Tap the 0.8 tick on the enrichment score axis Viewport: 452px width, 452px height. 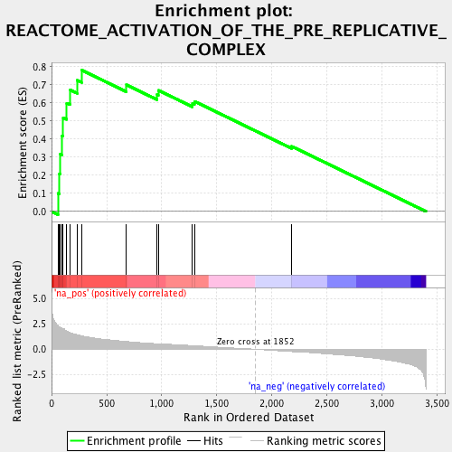tap(41, 67)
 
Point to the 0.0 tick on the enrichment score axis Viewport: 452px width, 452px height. tap(41, 212)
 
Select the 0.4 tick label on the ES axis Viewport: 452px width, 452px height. tap(41, 139)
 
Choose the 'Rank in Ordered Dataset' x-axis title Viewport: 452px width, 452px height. tap(250, 417)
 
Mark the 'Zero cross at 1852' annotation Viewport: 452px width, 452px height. tap(255, 342)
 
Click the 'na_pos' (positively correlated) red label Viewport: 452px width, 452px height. tap(108, 294)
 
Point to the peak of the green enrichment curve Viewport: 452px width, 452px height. tap(82, 70)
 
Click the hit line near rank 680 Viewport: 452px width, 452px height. tap(126, 249)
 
